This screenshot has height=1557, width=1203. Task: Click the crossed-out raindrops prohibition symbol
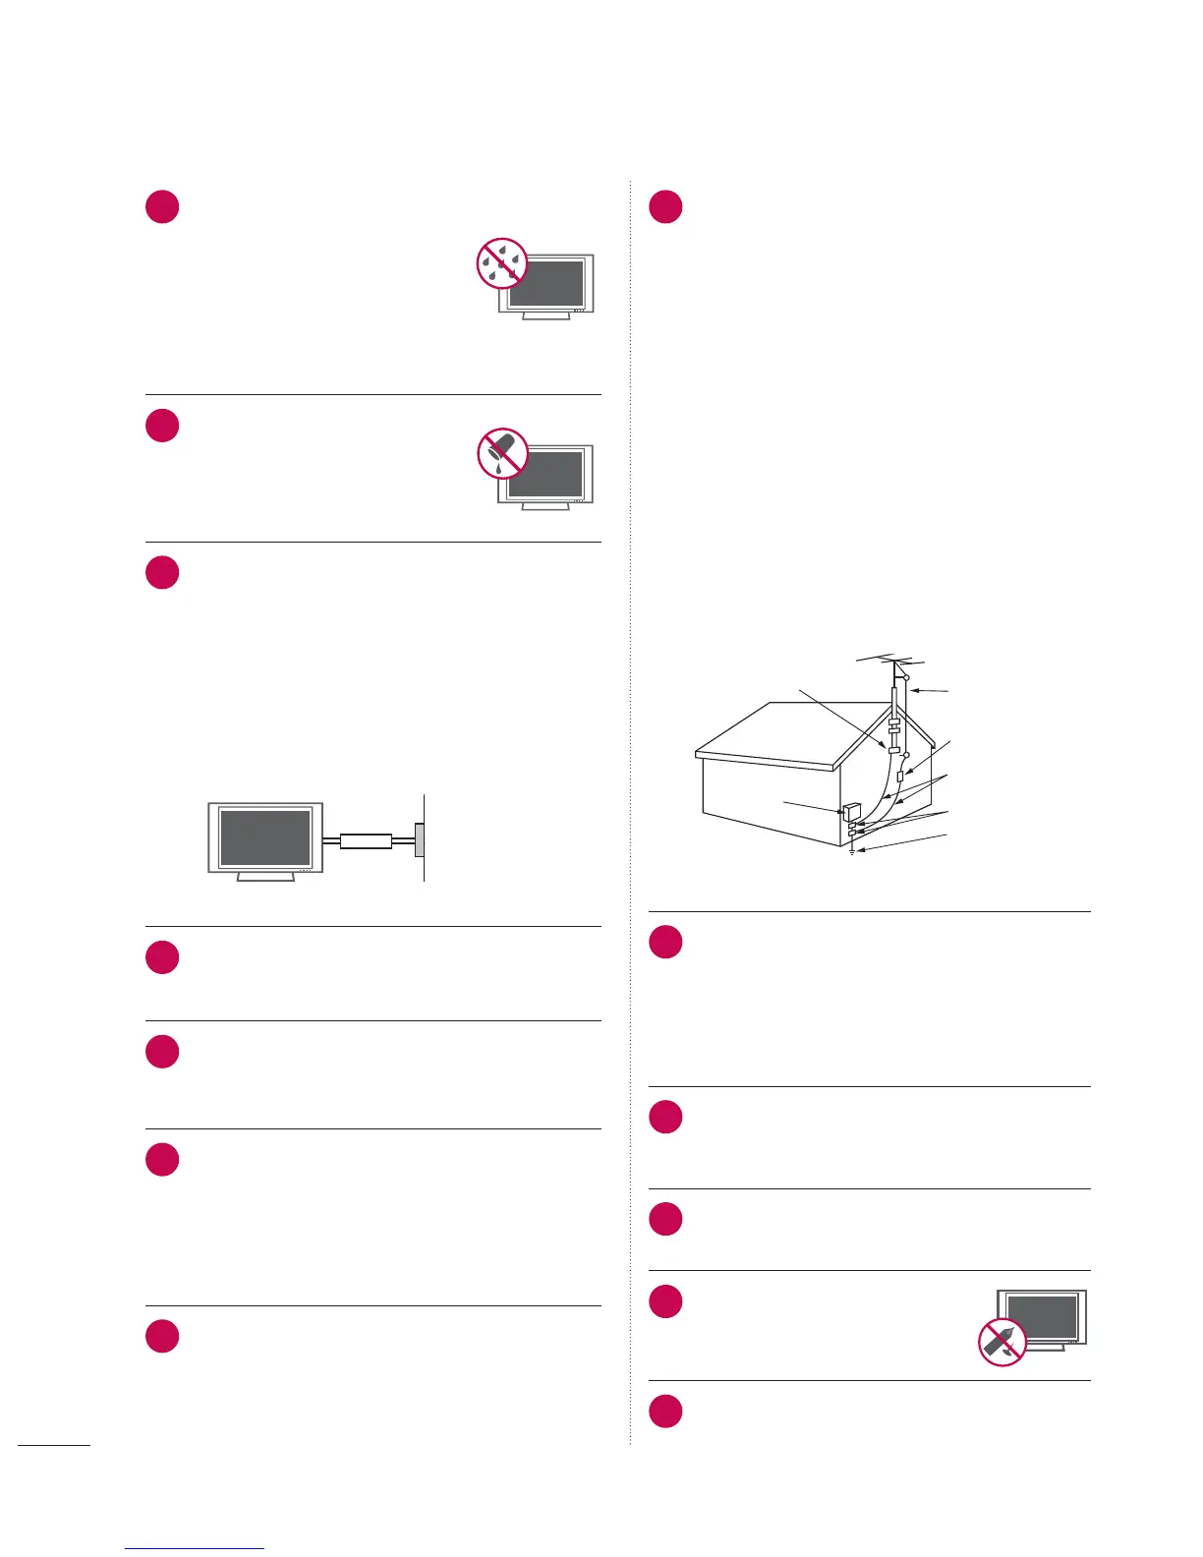click(x=502, y=263)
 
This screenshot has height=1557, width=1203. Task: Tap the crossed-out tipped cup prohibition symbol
click(x=502, y=453)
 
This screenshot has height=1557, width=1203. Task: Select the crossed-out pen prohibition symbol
click(x=1002, y=1342)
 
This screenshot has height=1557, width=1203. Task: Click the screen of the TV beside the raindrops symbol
click(x=550, y=282)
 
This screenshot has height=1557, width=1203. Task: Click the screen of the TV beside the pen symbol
click(x=1043, y=1317)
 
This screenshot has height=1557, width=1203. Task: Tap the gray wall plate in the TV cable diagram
click(x=421, y=840)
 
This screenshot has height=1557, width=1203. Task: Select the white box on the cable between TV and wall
click(x=366, y=841)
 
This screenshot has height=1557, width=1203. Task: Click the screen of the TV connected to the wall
click(x=265, y=836)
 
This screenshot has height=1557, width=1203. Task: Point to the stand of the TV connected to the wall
click(x=265, y=876)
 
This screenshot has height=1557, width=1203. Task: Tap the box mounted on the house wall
click(x=851, y=813)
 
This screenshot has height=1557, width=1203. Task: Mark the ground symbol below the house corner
click(x=852, y=851)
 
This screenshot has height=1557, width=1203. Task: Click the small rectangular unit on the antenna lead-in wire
click(x=900, y=778)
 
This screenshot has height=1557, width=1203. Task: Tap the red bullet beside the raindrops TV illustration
click(x=162, y=207)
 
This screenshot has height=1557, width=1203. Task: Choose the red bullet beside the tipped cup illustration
click(x=162, y=426)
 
